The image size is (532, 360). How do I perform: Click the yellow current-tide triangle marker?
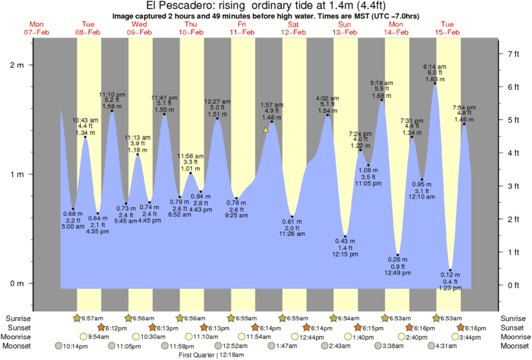click(x=266, y=130)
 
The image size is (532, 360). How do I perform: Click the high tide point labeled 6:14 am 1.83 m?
click(x=435, y=84)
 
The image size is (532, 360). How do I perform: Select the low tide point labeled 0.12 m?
click(x=451, y=270)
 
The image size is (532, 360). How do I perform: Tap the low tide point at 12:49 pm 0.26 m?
click(x=398, y=255)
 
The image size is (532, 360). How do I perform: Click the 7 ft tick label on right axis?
click(x=513, y=54)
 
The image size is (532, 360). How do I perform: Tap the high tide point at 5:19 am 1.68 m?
click(x=382, y=100)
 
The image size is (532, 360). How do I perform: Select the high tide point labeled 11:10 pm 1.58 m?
click(x=111, y=111)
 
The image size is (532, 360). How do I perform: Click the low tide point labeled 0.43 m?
click(x=345, y=236)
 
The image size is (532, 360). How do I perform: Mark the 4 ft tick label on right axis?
click(x=513, y=153)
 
